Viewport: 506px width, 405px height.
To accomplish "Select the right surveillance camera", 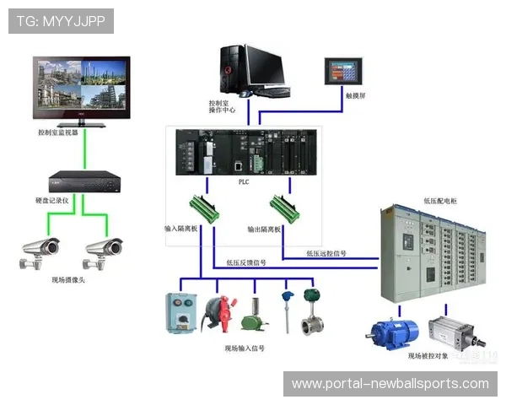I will (103, 250).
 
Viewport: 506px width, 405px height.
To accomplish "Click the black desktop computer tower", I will (233, 69).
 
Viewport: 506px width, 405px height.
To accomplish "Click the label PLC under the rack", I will (244, 179).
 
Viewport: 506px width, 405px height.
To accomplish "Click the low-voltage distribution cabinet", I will (434, 253).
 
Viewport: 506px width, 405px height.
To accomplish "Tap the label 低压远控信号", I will (327, 252).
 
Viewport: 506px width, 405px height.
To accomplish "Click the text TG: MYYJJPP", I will (61, 20).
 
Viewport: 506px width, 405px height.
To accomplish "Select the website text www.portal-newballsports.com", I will (390, 383).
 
